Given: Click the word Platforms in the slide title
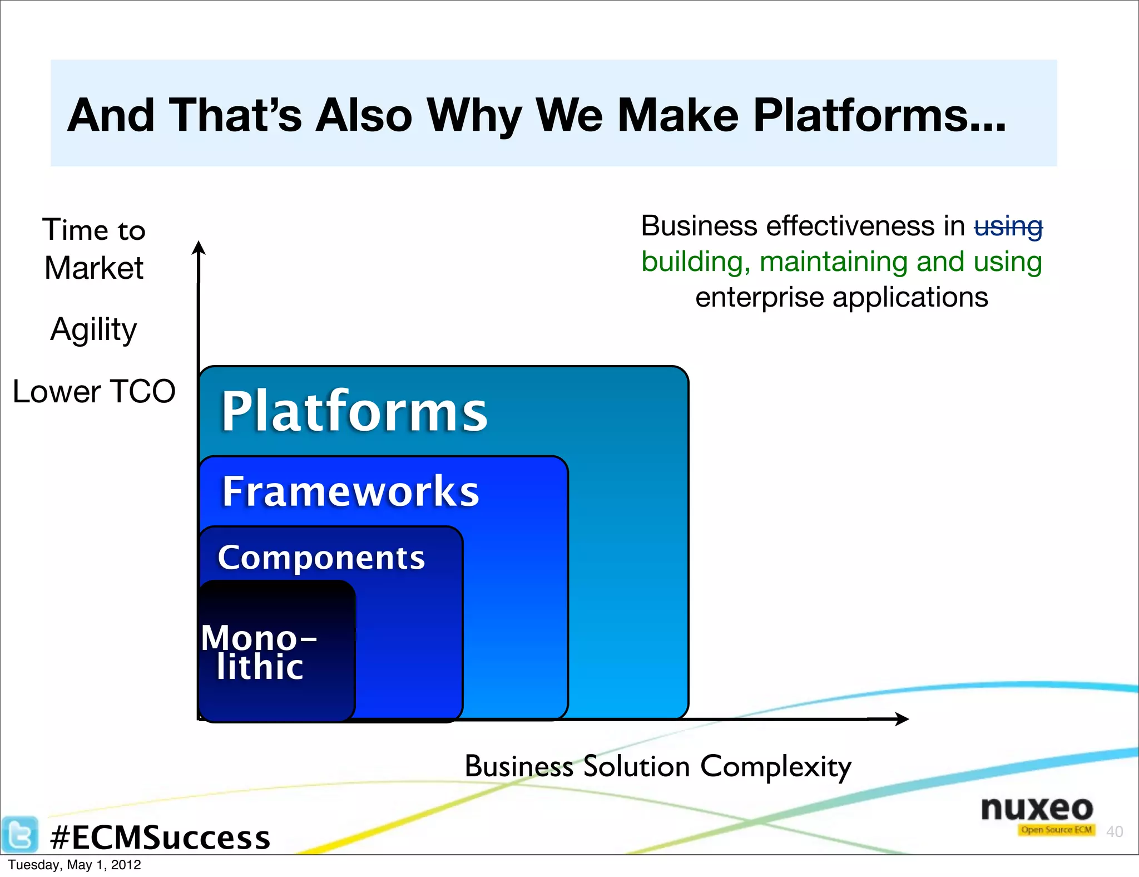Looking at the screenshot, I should coord(879,116).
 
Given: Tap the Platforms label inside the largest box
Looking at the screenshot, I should coord(354,412).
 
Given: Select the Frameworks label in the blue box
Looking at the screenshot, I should coord(350,491).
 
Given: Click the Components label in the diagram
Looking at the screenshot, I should coord(321,558).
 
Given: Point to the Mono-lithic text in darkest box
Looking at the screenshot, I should coord(259,652).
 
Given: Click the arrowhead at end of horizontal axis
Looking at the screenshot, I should coord(902,719).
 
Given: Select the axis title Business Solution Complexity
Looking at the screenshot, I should coord(657,767).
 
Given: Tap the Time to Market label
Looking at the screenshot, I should coord(94,249).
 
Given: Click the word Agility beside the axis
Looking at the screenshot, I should coord(93,329).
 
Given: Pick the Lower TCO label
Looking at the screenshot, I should coord(94,391).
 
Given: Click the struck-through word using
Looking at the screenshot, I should coord(1008,226).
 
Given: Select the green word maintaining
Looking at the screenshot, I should coord(834,262).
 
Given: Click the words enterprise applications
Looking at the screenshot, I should coord(841,297).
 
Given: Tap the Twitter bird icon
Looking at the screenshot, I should coord(19,834).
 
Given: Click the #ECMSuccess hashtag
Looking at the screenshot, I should coord(160,837).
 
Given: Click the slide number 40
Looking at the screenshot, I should coord(1114,831).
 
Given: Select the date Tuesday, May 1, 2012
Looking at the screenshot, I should coord(74,865).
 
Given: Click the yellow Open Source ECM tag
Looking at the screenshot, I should coord(1056,830).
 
